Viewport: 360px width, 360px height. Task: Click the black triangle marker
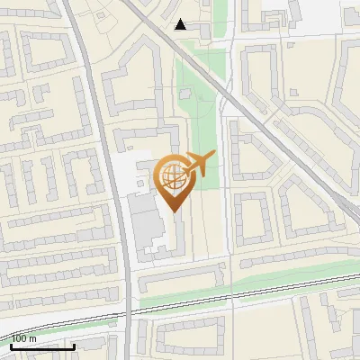pos(181,24)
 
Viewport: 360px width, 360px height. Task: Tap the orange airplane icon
pos(200,164)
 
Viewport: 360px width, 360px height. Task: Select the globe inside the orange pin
pos(172,177)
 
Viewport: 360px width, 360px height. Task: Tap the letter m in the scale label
pos(33,338)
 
